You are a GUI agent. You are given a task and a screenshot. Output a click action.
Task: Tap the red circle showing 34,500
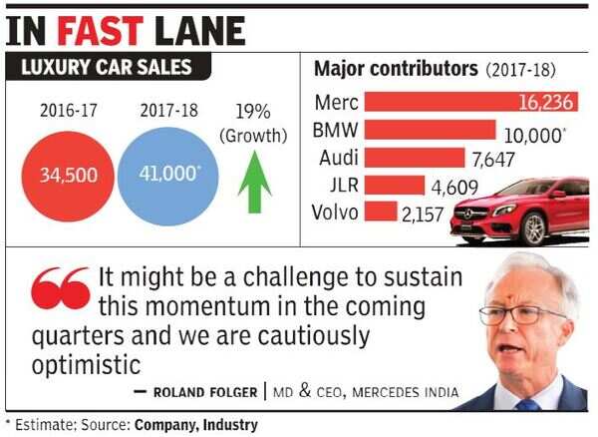[68, 175]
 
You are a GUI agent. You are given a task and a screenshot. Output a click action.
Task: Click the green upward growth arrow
[254, 181]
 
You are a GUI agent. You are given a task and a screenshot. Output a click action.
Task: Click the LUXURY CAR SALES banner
[111, 69]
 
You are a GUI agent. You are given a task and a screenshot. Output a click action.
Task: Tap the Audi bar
[415, 158]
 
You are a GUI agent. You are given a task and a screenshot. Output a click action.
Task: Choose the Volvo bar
[380, 212]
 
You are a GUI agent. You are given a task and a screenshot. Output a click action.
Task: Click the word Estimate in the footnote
[44, 425]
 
